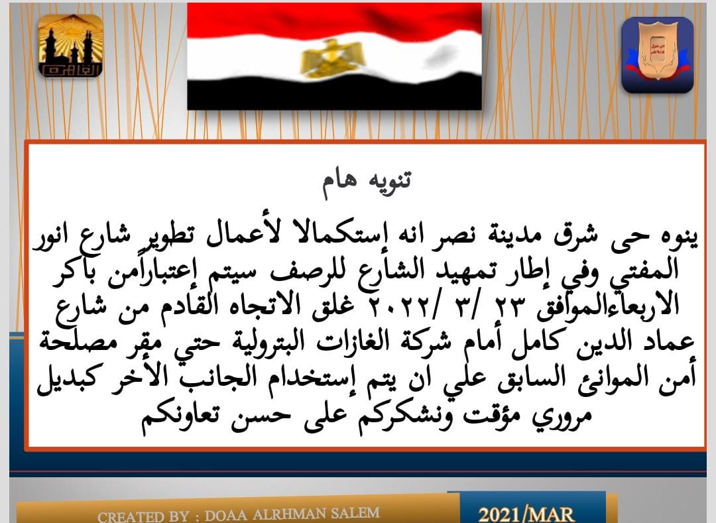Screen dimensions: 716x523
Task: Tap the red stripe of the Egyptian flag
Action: [334, 21]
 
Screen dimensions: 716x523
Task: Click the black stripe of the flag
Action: [334, 93]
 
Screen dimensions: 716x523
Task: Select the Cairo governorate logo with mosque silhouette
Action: [70, 46]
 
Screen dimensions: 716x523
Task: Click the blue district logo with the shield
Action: [657, 55]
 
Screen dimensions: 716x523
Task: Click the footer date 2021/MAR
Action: [526, 514]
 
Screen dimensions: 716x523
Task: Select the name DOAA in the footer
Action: [226, 515]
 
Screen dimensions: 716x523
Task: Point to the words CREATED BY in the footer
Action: [143, 516]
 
